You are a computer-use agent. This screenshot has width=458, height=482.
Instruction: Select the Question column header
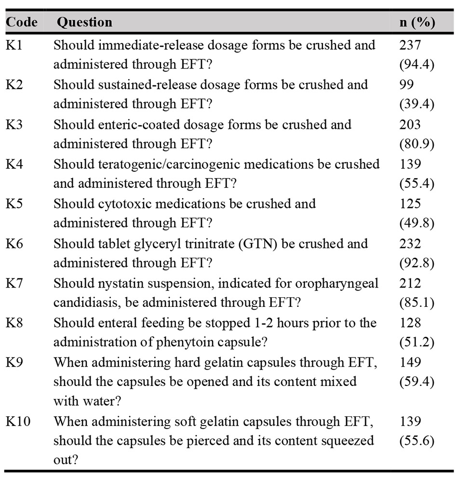[84, 23]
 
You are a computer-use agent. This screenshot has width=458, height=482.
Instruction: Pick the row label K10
[18, 421]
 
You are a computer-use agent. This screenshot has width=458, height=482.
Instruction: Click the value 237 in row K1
[410, 45]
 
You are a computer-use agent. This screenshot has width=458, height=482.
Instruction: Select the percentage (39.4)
[417, 104]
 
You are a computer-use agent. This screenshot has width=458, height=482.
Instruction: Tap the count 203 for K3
[410, 124]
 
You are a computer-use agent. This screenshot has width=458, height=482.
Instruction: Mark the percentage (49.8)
[417, 223]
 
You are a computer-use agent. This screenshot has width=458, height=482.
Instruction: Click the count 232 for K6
[410, 243]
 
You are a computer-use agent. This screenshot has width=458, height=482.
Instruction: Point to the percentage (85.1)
[417, 303]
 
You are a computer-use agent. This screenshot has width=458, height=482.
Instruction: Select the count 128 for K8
[410, 322]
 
